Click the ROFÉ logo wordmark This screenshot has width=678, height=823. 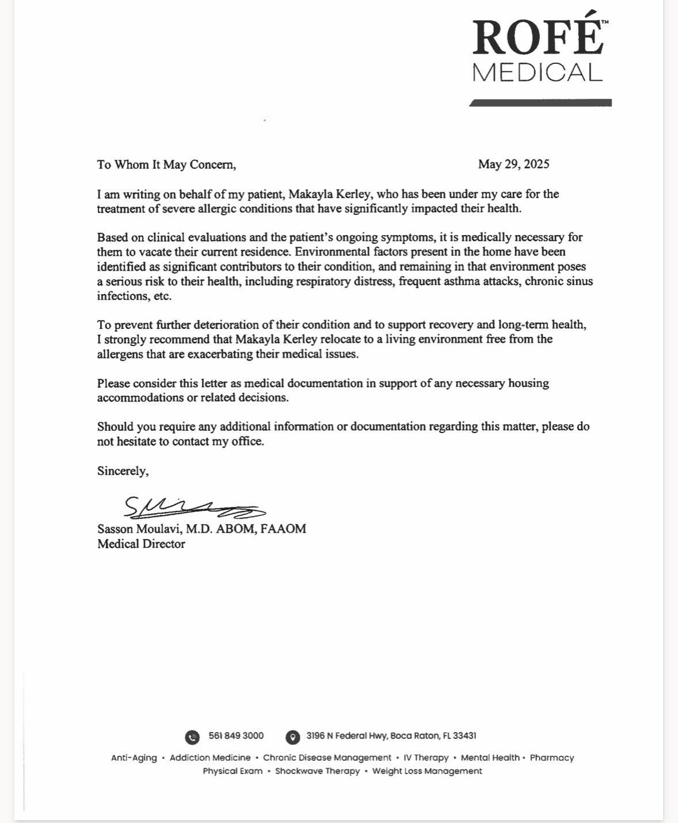tap(538, 37)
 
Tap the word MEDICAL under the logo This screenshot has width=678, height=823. tap(537, 73)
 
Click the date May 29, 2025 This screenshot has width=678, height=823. tap(513, 164)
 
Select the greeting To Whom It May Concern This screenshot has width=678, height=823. tap(166, 165)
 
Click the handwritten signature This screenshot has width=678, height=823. tap(193, 507)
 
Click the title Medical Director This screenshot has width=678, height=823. tap(141, 544)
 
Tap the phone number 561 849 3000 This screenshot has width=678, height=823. tap(236, 735)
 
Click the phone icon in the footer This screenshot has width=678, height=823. tap(192, 737)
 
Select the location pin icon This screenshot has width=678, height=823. tap(292, 737)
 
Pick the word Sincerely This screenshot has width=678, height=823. tap(123, 471)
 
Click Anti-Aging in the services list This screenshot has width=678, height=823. tap(134, 757)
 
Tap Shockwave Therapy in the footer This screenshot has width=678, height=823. tap(317, 771)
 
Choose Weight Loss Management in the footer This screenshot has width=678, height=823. tap(427, 771)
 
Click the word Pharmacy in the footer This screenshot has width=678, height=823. tap(551, 757)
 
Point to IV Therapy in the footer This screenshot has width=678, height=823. tap(426, 757)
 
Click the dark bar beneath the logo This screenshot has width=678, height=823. tap(540, 103)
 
